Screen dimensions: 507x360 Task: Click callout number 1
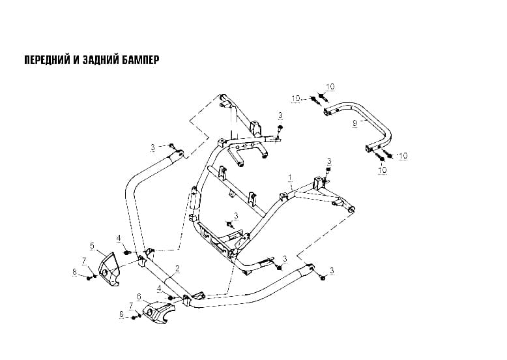pos(290,177)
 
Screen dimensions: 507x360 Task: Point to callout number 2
pos(177,268)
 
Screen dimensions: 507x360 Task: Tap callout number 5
pos(92,246)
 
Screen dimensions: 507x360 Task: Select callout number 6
pos(139,296)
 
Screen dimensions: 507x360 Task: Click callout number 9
pos(355,123)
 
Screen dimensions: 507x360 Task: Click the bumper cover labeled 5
pos(108,270)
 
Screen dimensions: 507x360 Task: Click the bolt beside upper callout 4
pos(127,251)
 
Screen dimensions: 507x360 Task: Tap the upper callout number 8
pos(74,272)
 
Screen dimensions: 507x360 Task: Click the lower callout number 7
pos(131,306)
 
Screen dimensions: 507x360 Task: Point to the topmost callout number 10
pos(330,87)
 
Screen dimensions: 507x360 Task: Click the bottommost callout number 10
pos(383,170)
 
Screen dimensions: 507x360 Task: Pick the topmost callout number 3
pos(280,115)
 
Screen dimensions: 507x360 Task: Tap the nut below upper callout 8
pos(89,278)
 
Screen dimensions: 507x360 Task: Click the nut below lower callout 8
pos(133,318)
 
